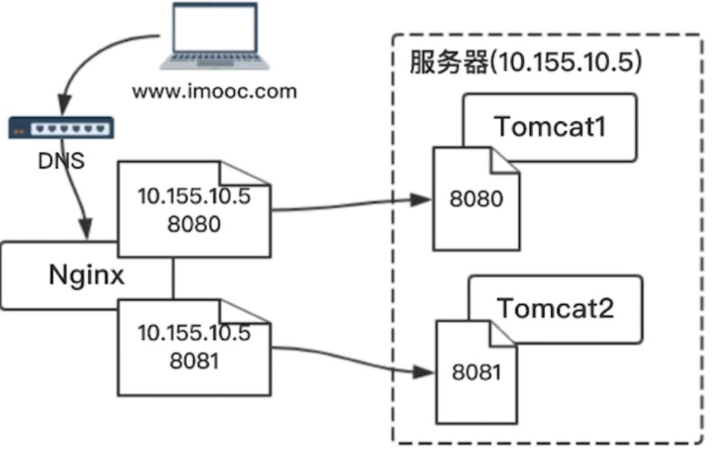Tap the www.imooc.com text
[214, 92]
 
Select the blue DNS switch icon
[61, 128]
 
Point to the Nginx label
[87, 274]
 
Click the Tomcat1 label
[550, 127]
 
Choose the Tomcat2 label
[555, 307]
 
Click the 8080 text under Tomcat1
[476, 199]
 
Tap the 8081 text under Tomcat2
[476, 371]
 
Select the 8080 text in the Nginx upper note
[193, 223]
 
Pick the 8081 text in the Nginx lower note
[193, 360]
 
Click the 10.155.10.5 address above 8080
[193, 197]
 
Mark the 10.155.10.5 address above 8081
[193, 333]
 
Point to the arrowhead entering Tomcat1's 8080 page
[423, 199]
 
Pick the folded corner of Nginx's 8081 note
[258, 313]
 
